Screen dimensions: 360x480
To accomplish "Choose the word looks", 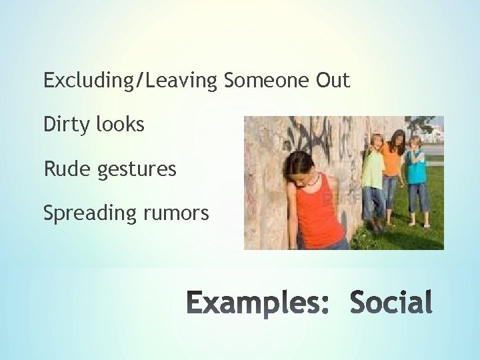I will click(120, 125).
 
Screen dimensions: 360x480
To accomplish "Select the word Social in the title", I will click(390, 302).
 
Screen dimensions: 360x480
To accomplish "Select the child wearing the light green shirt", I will click(375, 173).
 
